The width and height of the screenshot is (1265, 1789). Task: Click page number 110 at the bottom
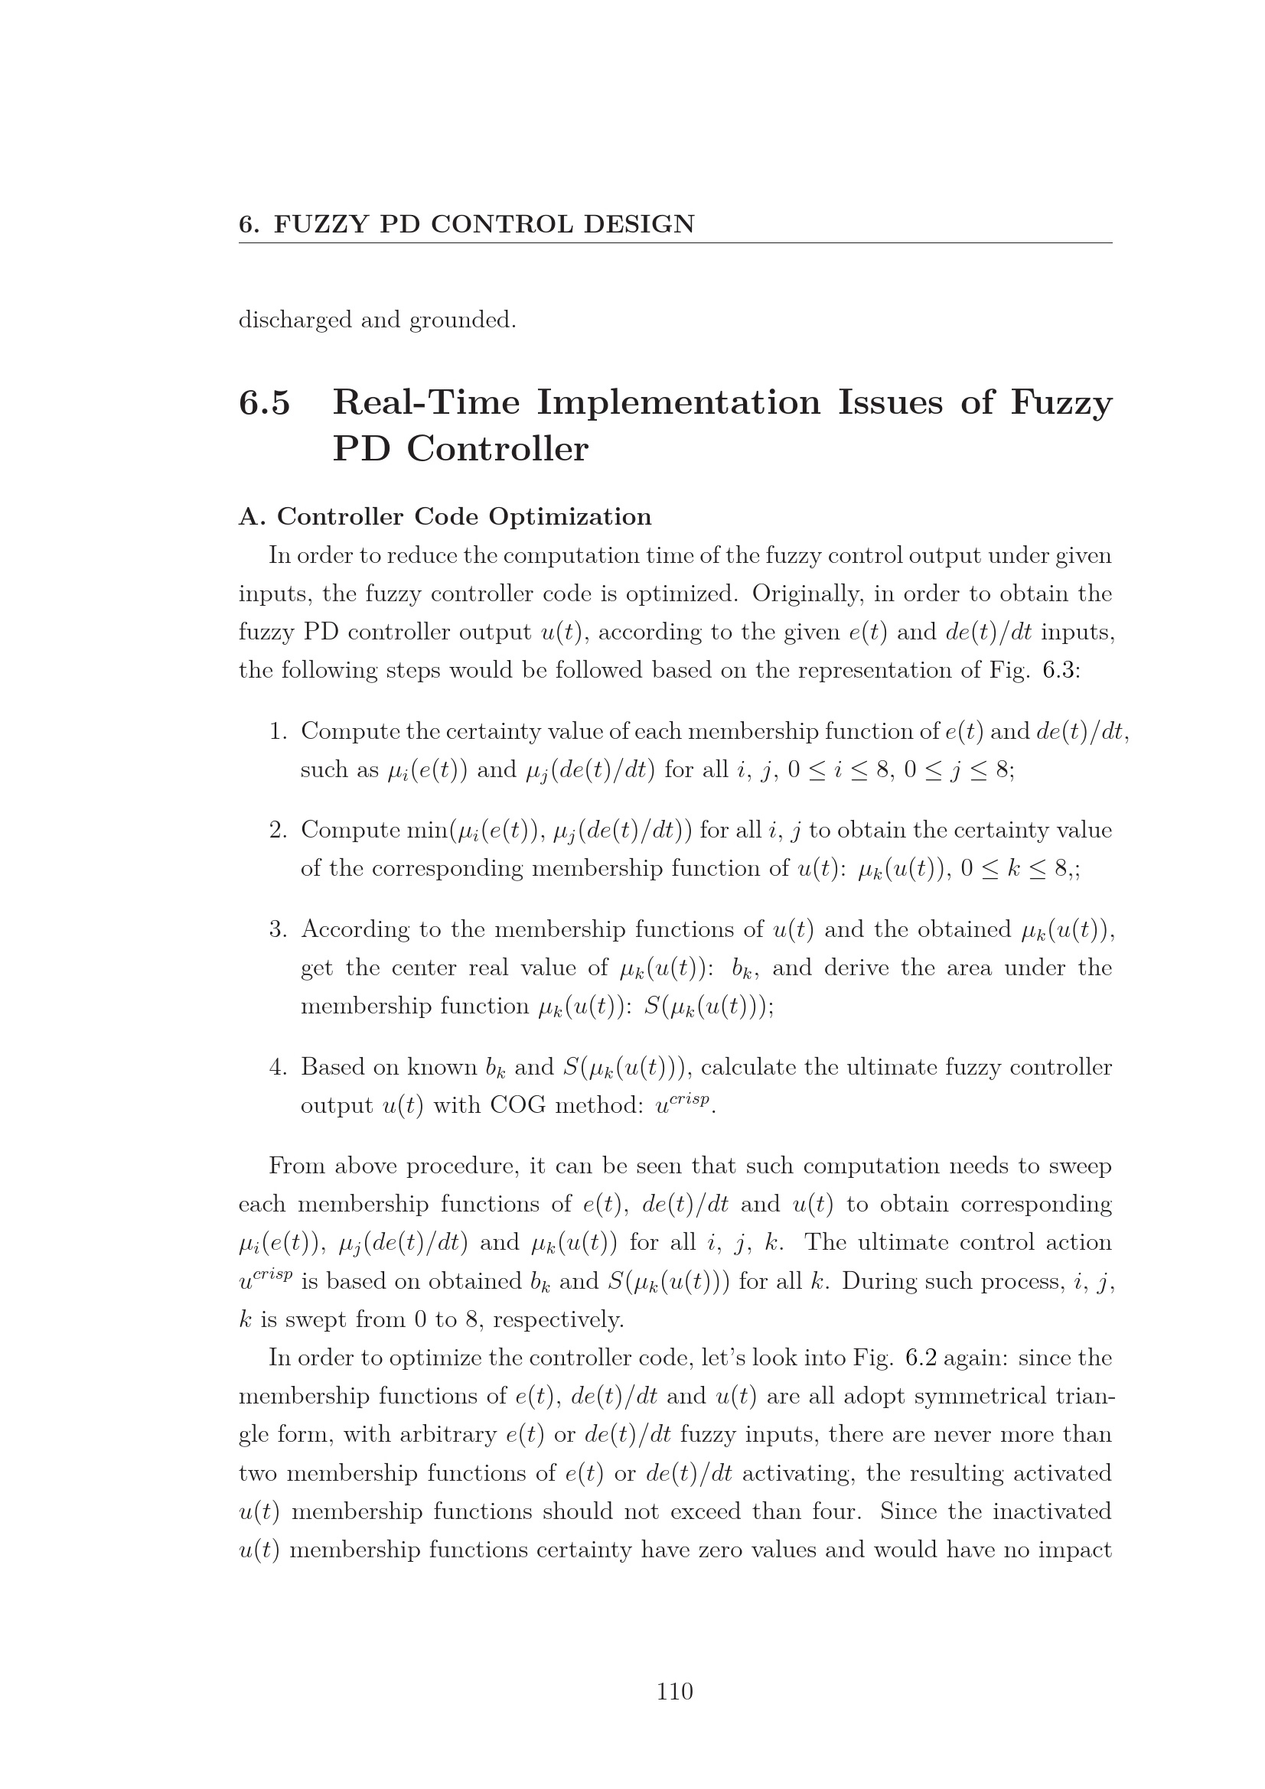674,1691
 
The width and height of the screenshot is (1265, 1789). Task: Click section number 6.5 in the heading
264,403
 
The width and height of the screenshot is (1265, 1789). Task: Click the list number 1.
278,732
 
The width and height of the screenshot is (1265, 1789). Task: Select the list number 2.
278,831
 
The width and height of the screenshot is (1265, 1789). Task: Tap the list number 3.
278,929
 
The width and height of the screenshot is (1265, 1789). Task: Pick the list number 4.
278,1067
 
